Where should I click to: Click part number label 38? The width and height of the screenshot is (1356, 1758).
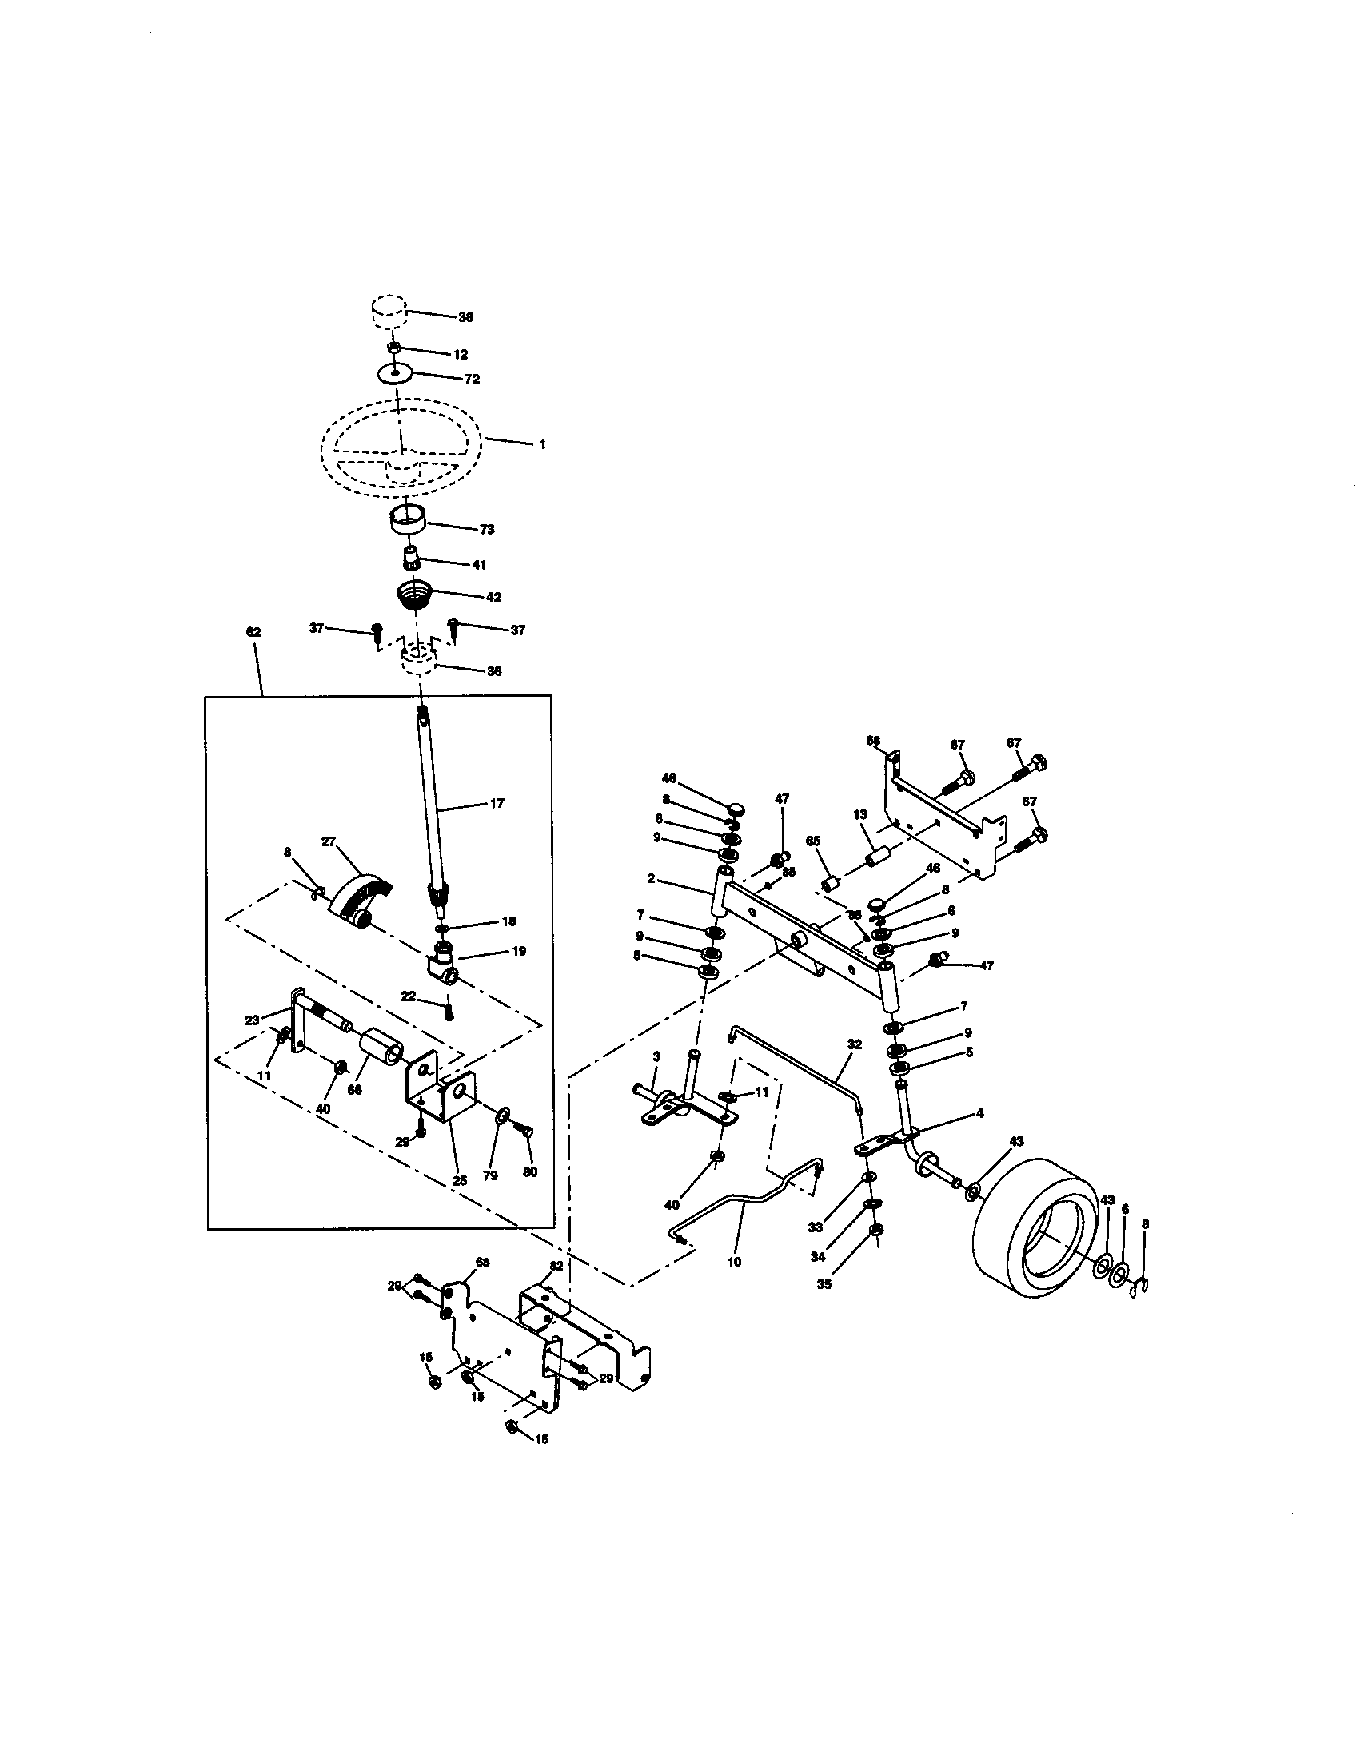(465, 317)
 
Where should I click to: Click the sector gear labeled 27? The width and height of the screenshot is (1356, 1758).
(360, 897)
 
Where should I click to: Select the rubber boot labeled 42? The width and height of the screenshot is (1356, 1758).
(415, 598)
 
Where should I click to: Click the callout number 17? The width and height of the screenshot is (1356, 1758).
(497, 802)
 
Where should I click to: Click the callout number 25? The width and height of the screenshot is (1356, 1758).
(460, 1181)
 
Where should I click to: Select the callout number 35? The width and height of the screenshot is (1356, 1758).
(824, 1284)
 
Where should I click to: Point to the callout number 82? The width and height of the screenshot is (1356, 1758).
(556, 1267)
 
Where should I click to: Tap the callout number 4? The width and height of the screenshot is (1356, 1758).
(979, 1113)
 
